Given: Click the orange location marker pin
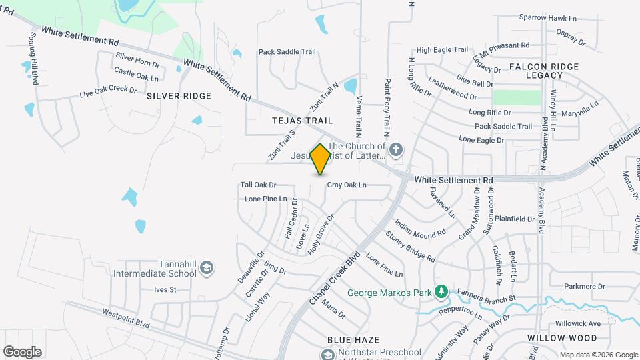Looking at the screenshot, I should click(x=320, y=159).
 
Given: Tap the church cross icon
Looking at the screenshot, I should click(x=396, y=149).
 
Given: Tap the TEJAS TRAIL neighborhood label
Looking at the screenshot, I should click(x=302, y=121).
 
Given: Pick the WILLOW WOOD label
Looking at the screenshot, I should click(x=553, y=339).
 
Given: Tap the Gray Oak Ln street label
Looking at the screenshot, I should click(x=347, y=185).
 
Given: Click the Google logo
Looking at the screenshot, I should click(x=22, y=352).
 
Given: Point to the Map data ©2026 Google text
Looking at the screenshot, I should click(x=599, y=355).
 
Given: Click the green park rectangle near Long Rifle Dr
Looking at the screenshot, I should click(x=516, y=97).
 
